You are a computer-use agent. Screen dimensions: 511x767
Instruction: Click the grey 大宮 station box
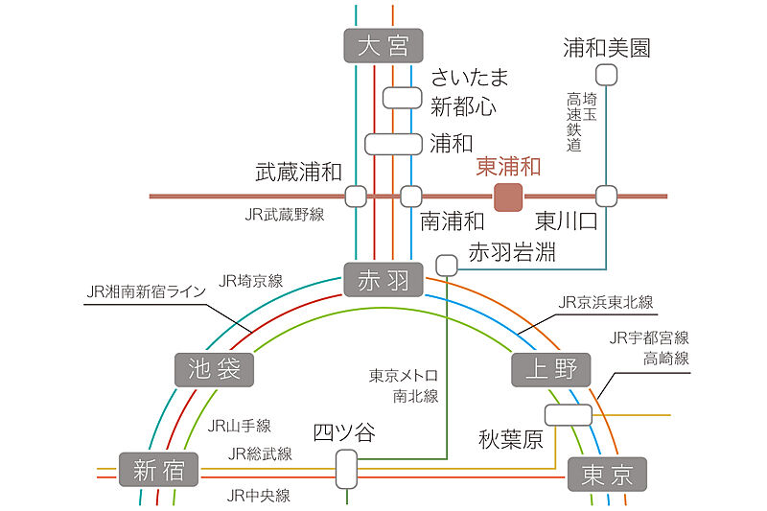click(x=383, y=45)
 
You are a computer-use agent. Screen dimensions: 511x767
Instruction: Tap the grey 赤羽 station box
click(x=383, y=280)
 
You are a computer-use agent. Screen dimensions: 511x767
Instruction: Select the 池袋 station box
click(x=215, y=368)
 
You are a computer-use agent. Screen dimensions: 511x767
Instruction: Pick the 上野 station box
click(x=552, y=368)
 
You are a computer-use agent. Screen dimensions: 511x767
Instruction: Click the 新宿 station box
click(x=158, y=471)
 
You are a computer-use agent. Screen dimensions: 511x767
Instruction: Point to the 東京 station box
click(x=607, y=474)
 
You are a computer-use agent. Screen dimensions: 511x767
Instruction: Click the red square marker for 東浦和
click(x=507, y=197)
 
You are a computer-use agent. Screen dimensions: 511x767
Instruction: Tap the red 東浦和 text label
click(x=508, y=167)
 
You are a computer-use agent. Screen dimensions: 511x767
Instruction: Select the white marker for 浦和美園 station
click(x=606, y=75)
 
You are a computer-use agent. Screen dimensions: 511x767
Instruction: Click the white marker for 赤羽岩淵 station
click(x=447, y=264)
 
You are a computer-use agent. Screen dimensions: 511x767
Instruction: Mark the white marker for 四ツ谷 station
click(x=346, y=469)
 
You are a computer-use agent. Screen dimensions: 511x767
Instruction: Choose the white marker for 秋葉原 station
click(x=568, y=414)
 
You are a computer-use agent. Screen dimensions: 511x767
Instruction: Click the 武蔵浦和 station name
click(x=298, y=173)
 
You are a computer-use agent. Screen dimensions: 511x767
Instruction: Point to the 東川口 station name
click(x=566, y=221)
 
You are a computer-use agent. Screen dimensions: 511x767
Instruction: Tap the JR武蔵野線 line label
click(x=285, y=215)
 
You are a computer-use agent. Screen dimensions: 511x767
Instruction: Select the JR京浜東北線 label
click(x=606, y=302)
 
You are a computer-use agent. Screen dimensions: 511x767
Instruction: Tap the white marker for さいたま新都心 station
click(x=402, y=97)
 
